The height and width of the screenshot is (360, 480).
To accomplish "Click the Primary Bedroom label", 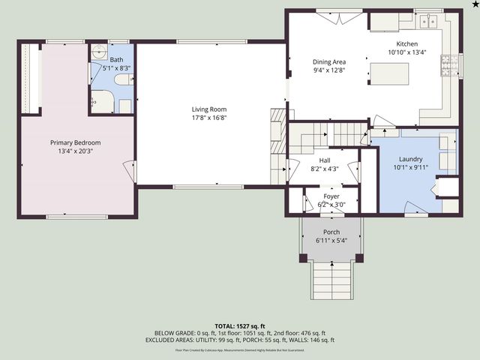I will tap(75, 142).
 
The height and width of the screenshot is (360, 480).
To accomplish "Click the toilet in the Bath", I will tap(124, 105).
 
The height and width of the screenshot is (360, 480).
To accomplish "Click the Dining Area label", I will tap(328, 62).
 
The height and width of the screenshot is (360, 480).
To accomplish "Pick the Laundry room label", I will tap(410, 159).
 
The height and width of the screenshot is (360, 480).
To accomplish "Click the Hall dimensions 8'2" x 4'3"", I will tap(324, 169).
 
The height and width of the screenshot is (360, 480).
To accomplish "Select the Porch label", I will tap(331, 232).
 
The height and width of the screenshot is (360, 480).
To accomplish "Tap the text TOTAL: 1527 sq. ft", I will tap(239, 325).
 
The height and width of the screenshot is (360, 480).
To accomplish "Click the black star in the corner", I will tap(474, 4).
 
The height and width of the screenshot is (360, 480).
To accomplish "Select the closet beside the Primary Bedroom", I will tap(30, 79).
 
